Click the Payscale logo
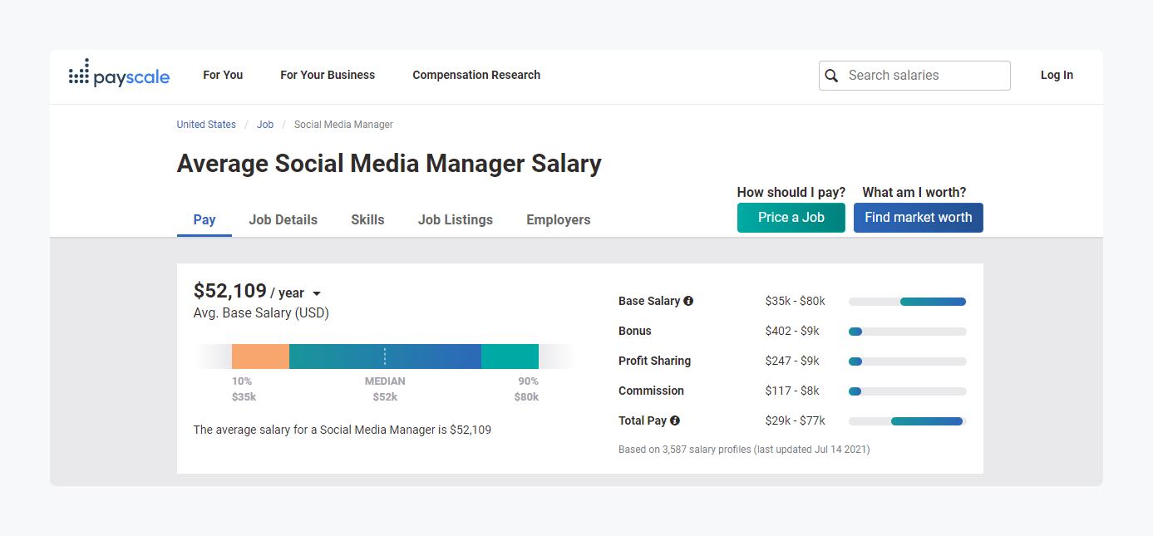[119, 75]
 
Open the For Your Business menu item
[328, 75]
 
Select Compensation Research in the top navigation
[476, 75]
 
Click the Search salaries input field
[923, 75]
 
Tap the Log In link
[1057, 75]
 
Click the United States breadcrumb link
[206, 125]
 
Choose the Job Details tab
[283, 219]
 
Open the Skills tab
[367, 219]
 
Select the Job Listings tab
[456, 219]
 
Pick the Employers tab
[559, 219]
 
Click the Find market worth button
[918, 218]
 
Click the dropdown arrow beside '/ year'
[317, 293]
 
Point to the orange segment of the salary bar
[260, 357]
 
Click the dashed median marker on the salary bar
[385, 357]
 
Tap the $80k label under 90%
[526, 397]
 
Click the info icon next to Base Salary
[688, 301]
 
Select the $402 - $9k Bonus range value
[792, 331]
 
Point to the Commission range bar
[907, 391]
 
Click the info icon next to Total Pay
[675, 420]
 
